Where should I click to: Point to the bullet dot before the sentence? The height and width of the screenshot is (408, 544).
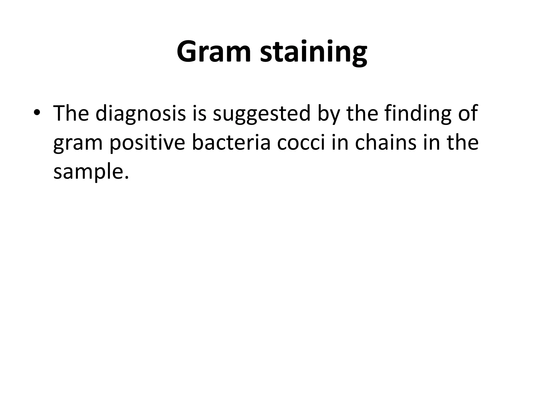pyautogui.click(x=37, y=113)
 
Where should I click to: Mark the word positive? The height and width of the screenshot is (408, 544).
pyautogui.click(x=147, y=143)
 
